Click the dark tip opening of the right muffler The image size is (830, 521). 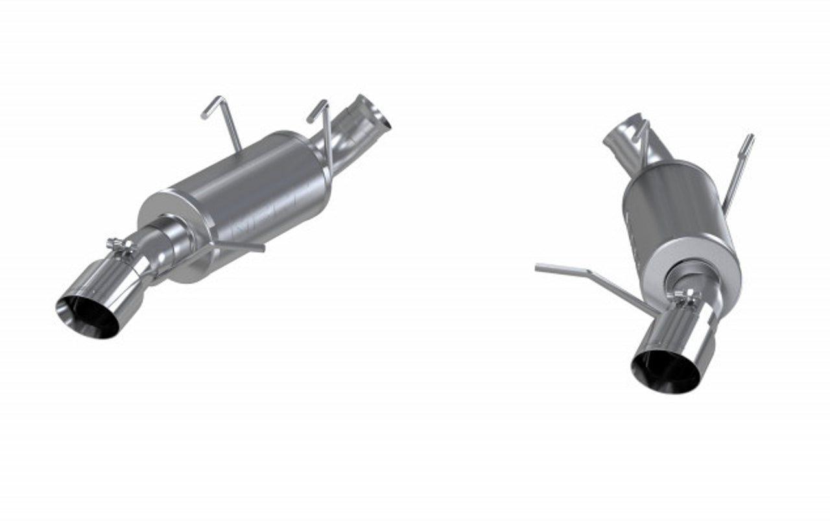pyautogui.click(x=665, y=373)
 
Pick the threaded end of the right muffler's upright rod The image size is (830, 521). pyautogui.click(x=750, y=141)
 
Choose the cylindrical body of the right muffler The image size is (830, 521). pyautogui.click(x=668, y=201)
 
